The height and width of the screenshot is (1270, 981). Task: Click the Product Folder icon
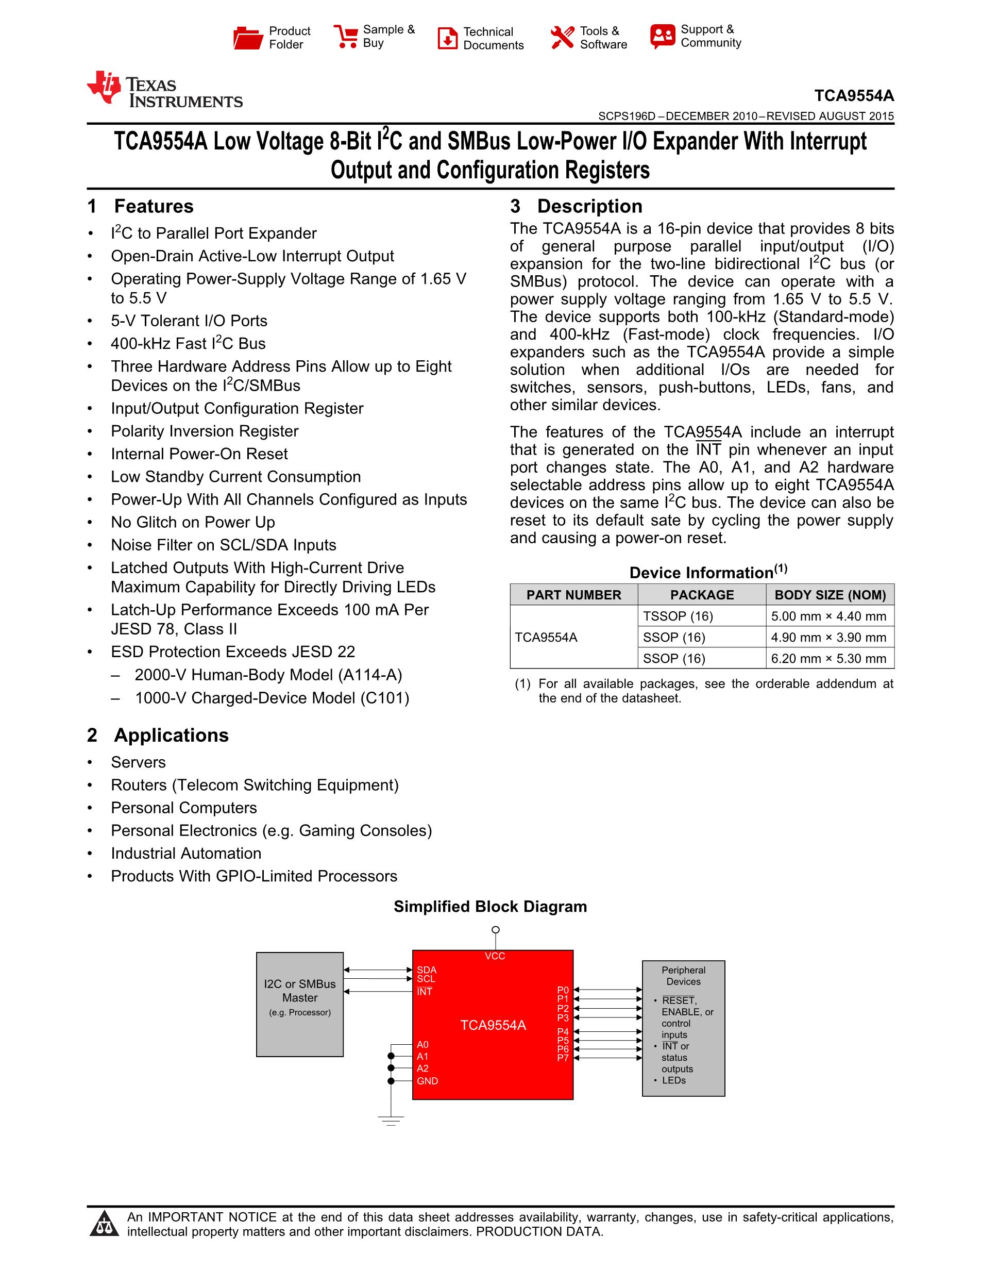click(x=248, y=38)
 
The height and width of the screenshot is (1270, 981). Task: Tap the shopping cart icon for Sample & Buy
click(x=346, y=36)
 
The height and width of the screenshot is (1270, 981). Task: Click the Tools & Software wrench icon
click(x=562, y=38)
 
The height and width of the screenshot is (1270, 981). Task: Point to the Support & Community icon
click(x=663, y=36)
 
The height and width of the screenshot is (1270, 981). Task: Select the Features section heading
click(x=154, y=207)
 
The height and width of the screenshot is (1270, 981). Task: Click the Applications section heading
click(x=171, y=735)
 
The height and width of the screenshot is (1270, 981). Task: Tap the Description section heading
click(x=589, y=207)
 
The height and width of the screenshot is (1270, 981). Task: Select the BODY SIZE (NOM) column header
click(x=830, y=595)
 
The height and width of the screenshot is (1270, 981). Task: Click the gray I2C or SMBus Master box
click(x=300, y=1004)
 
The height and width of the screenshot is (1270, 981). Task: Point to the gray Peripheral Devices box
click(x=683, y=1028)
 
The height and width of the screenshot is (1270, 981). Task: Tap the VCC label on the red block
click(x=495, y=956)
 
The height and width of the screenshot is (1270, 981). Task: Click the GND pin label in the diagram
click(x=427, y=1081)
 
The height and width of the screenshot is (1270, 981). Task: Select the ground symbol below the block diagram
click(x=391, y=1120)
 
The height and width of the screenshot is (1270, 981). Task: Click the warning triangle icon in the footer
click(x=105, y=1224)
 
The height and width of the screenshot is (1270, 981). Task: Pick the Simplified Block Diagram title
click(x=490, y=907)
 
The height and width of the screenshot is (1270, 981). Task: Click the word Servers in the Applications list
click(x=138, y=762)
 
